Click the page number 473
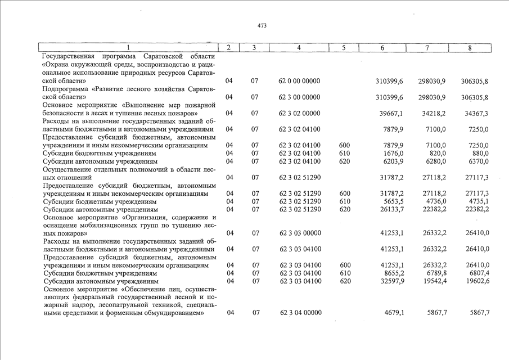click(x=262, y=25)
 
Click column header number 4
click(x=299, y=48)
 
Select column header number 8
click(x=470, y=48)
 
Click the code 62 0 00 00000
click(x=299, y=82)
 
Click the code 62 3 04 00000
click(x=299, y=313)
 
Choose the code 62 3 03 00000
click(x=299, y=233)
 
